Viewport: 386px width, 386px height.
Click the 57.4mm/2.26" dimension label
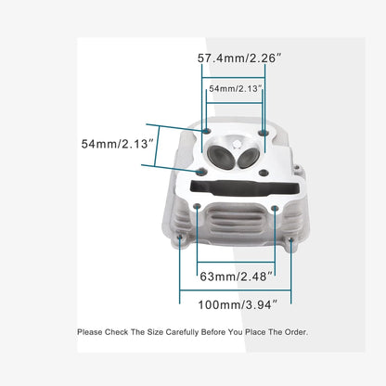(x=239, y=58)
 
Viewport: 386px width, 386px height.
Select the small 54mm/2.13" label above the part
(x=236, y=89)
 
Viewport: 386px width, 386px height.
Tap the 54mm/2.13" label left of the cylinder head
(x=118, y=144)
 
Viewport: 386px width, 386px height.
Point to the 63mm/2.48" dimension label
(x=237, y=277)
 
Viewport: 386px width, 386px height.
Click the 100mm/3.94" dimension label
(x=238, y=305)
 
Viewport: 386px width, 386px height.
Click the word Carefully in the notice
(x=182, y=332)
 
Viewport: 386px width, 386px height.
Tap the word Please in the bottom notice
(x=90, y=332)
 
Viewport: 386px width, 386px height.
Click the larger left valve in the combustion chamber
(x=221, y=157)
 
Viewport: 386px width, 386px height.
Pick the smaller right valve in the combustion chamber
(x=249, y=158)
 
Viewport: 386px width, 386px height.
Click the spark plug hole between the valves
(x=237, y=145)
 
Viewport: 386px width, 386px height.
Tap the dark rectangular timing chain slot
(x=244, y=188)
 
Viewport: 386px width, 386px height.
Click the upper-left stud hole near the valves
(x=206, y=131)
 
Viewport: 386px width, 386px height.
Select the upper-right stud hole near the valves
(x=264, y=133)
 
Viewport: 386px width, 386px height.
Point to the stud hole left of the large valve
(x=201, y=171)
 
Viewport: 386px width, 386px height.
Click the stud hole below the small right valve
(x=264, y=173)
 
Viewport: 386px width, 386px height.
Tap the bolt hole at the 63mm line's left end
(x=197, y=207)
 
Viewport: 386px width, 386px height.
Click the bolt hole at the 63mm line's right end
(x=275, y=209)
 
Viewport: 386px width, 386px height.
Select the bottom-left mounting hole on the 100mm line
(x=180, y=238)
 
